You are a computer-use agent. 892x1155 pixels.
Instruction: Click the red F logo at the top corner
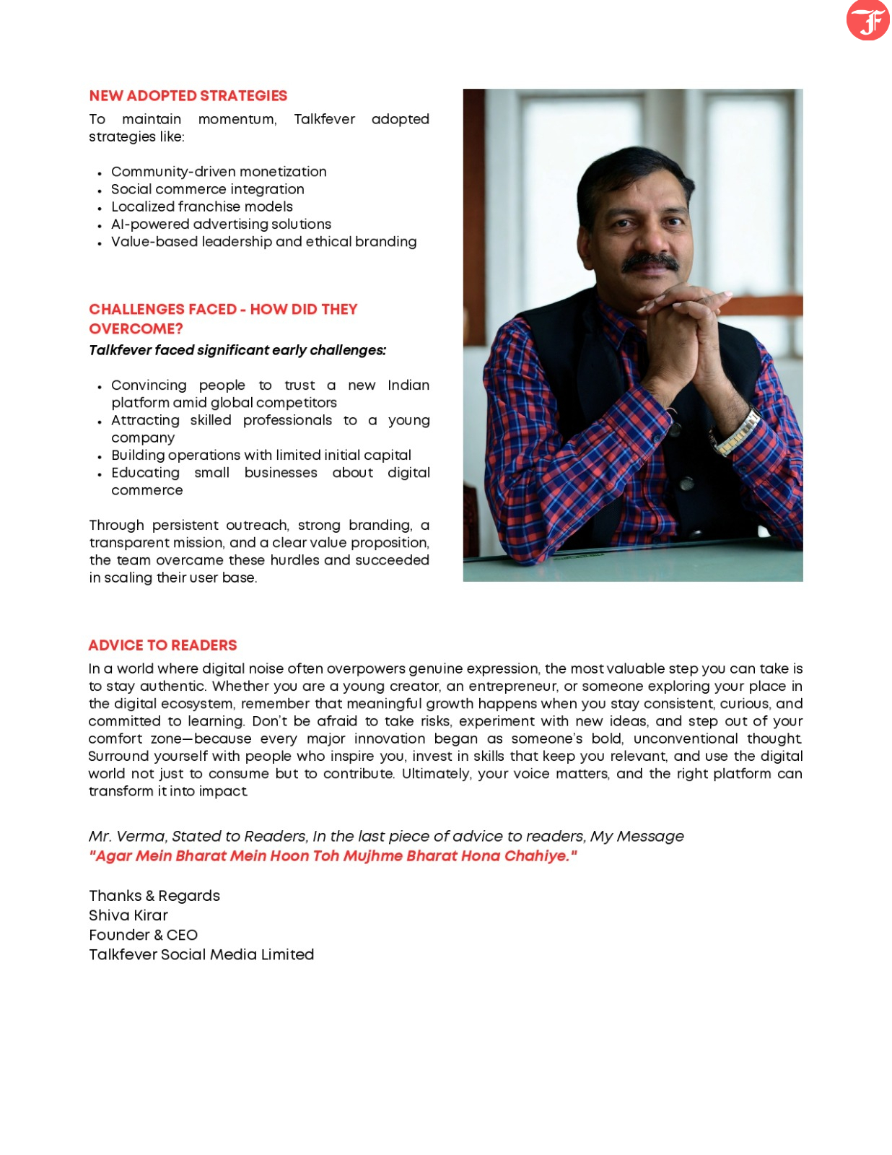[867, 19]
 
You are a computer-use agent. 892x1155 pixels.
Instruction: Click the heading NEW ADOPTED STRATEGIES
[188, 96]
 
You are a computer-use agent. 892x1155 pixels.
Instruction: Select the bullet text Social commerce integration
[207, 189]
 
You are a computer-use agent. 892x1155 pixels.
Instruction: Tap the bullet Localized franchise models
[201, 206]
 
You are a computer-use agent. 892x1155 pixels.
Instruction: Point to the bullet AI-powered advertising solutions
[221, 225]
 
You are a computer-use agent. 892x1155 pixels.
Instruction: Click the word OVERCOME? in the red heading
[136, 329]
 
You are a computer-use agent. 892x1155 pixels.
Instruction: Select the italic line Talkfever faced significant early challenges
[237, 350]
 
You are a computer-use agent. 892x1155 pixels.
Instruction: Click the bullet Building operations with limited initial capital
[261, 456]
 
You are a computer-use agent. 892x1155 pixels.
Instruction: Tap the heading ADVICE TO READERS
[162, 645]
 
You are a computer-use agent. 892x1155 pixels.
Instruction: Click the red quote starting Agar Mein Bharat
[332, 856]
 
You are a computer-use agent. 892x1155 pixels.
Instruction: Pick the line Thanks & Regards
[154, 896]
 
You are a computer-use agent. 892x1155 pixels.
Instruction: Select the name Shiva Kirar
[128, 915]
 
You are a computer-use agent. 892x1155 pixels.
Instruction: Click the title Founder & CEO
[143, 935]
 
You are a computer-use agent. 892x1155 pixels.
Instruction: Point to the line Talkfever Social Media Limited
[201, 954]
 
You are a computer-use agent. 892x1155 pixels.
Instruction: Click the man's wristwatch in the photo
[736, 432]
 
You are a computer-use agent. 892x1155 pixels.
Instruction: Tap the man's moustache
[650, 263]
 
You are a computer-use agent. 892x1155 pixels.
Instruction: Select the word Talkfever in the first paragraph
[324, 119]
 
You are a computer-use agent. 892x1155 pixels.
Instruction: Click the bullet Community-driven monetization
[218, 172]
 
